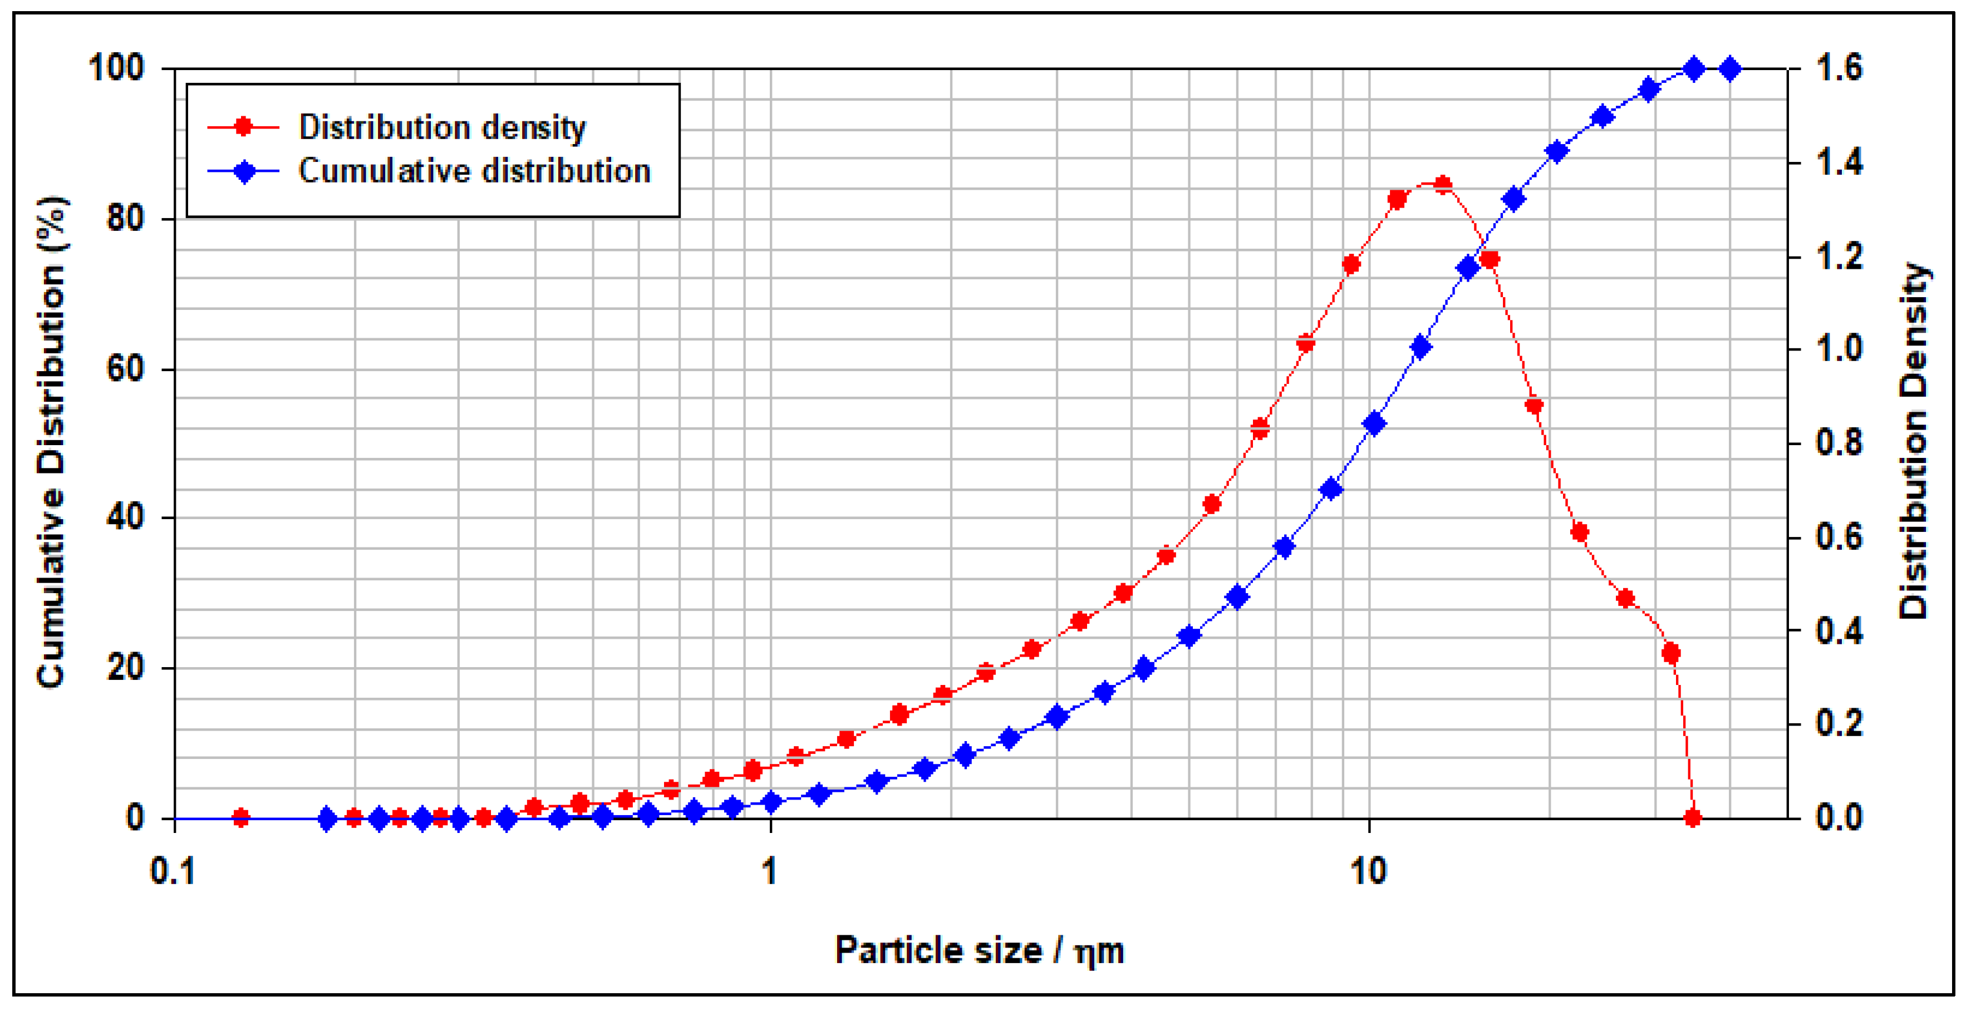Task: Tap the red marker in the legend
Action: [243, 127]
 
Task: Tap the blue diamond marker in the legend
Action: [243, 171]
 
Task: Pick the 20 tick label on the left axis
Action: [125, 668]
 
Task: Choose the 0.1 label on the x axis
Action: [173, 871]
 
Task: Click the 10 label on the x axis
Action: [1368, 871]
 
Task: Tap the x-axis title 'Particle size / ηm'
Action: [980, 950]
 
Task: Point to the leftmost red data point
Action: [241, 817]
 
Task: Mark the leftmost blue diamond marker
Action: [327, 819]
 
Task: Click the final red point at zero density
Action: [1693, 817]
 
